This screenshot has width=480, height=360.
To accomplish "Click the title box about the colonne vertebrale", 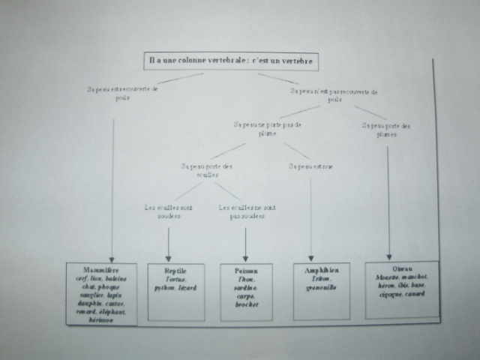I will tap(230, 59).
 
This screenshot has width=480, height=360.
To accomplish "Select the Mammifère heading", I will tap(100, 268).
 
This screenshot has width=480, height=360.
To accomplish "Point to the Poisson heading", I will tap(245, 270).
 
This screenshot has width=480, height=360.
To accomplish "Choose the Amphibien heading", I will tap(322, 269).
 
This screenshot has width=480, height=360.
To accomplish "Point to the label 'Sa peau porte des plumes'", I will tap(386, 129).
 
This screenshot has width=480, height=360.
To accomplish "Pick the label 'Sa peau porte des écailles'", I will tap(208, 169).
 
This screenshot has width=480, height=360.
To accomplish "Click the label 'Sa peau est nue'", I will tap(310, 166).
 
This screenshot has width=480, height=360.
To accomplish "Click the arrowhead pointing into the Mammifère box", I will tap(112, 258).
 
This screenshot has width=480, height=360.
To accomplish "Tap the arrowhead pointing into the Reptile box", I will tap(168, 259).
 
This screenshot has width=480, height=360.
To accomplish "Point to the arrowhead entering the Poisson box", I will tap(245, 259).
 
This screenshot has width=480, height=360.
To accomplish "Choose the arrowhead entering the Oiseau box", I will tap(388, 256).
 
